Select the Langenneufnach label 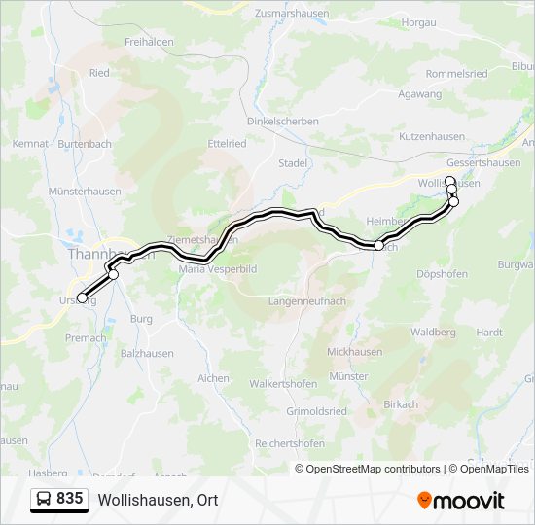[x=308, y=302]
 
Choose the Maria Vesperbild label [x=217, y=269]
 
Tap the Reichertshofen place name [x=289, y=442]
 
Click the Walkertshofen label [x=283, y=384]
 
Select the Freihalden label [x=149, y=42]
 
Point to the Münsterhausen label [x=85, y=192]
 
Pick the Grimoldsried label [x=316, y=411]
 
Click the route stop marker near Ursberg [x=82, y=297]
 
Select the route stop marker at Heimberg [x=378, y=246]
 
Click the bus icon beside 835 [x=44, y=499]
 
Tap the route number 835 [x=70, y=499]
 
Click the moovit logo [x=461, y=500]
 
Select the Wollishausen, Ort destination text [x=158, y=500]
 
